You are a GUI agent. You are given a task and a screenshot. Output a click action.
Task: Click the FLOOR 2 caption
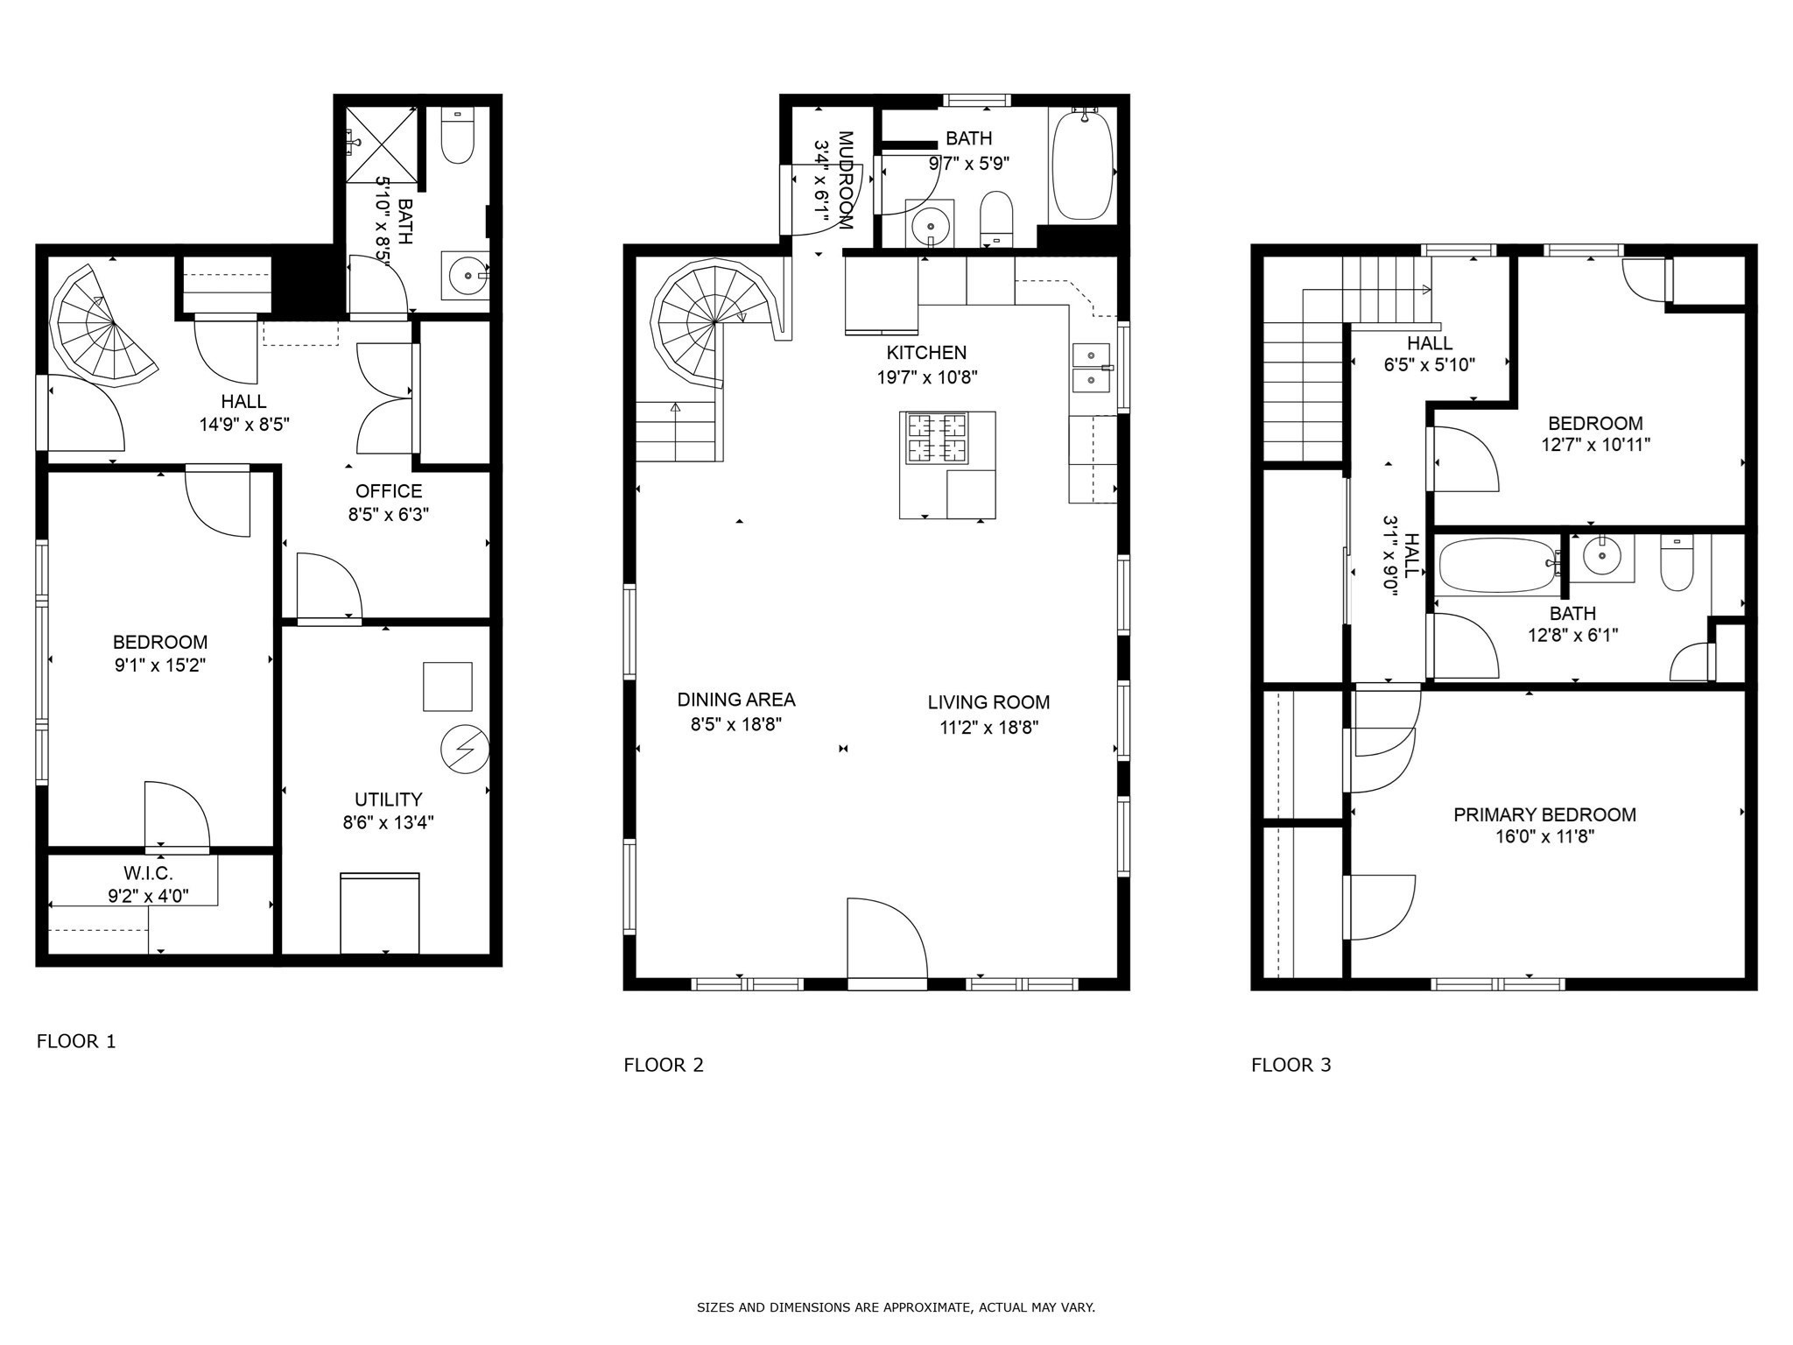663,1065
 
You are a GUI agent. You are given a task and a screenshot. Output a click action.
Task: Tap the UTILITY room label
388,799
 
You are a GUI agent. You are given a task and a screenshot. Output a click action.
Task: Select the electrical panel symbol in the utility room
465,750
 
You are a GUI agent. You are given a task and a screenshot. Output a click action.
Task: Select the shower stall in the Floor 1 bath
379,144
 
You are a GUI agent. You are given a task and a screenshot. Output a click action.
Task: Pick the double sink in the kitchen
1091,368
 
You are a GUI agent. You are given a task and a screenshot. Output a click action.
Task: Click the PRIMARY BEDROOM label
1544,814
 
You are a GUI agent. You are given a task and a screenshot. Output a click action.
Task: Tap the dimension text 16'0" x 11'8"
1544,836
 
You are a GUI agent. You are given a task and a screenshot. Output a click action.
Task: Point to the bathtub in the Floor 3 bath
1495,565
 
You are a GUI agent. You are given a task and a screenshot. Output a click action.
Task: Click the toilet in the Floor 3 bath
1677,562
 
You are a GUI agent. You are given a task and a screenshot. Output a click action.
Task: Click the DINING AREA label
735,700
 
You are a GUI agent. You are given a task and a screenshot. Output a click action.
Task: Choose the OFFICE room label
388,491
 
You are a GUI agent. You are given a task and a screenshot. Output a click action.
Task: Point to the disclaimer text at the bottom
896,1307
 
